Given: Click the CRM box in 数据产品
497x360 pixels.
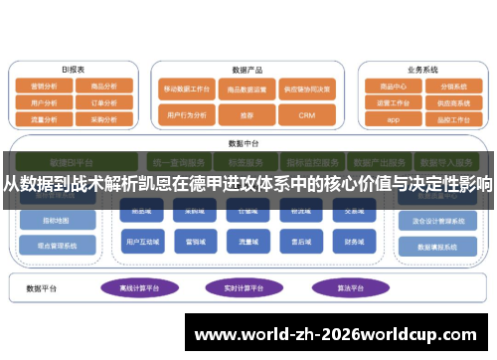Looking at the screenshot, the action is pyautogui.click(x=308, y=115).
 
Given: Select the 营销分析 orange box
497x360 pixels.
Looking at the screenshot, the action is pyautogui.click(x=45, y=87).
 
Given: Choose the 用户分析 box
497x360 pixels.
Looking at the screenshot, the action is pyautogui.click(x=45, y=101).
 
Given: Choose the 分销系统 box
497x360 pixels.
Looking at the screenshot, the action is pyautogui.click(x=452, y=86).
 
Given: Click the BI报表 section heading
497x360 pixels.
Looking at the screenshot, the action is pyautogui.click(x=73, y=70).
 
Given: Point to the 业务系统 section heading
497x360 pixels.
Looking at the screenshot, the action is pyautogui.click(x=422, y=70).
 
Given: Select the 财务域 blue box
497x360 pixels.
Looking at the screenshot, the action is pyautogui.click(x=352, y=241).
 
